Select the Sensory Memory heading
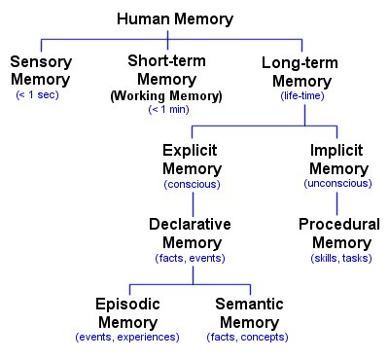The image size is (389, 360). pyautogui.click(x=41, y=70)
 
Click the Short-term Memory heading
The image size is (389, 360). pyautogui.click(x=166, y=69)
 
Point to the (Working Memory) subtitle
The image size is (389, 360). pyautogui.click(x=166, y=95)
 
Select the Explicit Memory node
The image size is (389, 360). pyautogui.click(x=192, y=161)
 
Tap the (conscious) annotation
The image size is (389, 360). pyautogui.click(x=192, y=184)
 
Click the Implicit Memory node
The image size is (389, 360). pyautogui.click(x=336, y=161)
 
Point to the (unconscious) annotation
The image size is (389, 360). pyautogui.click(x=336, y=184)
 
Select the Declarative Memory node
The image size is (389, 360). pyautogui.click(x=190, y=234)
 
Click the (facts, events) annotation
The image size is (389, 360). pyautogui.click(x=190, y=258)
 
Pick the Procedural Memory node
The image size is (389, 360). pyautogui.click(x=338, y=234)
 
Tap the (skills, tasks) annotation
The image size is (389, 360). pyautogui.click(x=338, y=258)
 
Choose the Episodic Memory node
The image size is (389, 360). pyautogui.click(x=126, y=313)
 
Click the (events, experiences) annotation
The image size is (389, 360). pyautogui.click(x=126, y=337)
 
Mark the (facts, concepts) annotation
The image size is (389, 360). pyautogui.click(x=249, y=337)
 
